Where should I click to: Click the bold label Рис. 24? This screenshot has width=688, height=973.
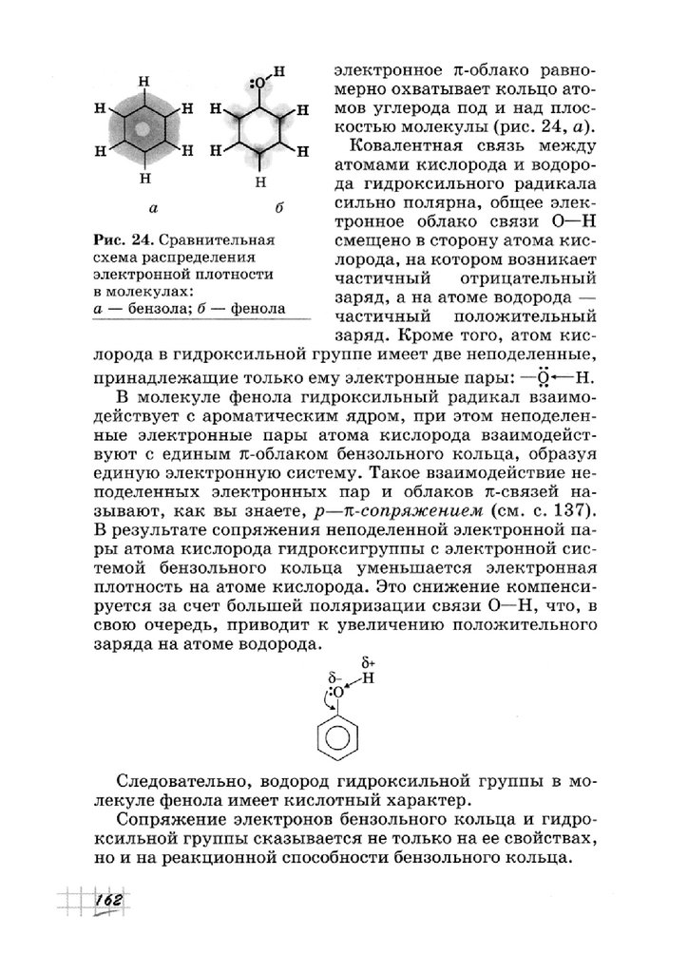tap(124, 238)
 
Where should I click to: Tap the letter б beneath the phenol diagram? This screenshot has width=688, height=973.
tap(253, 206)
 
